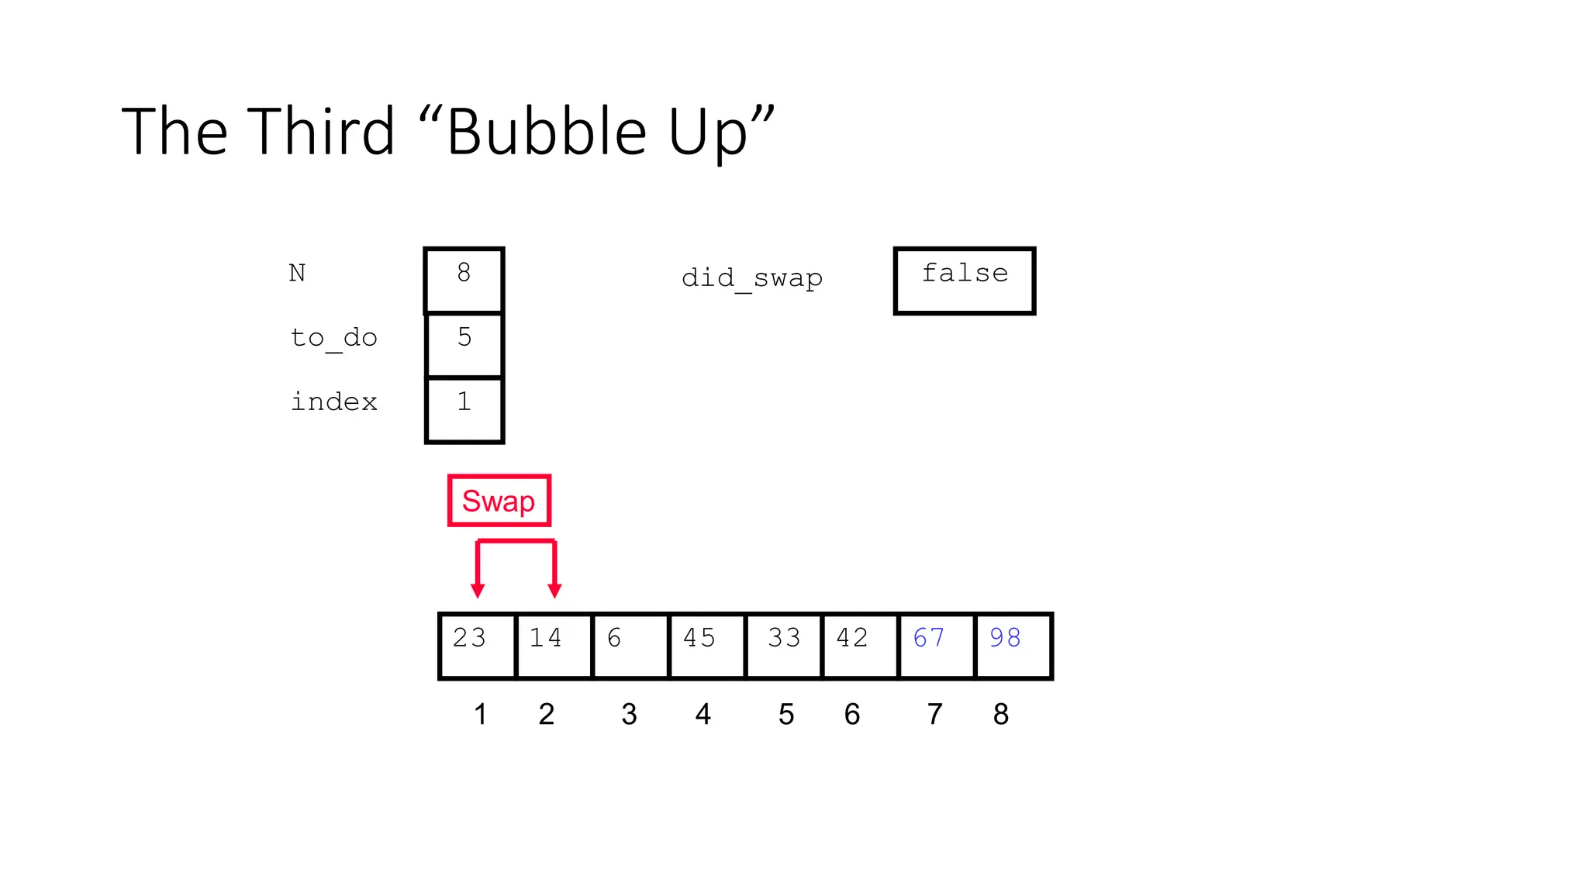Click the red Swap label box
(x=499, y=501)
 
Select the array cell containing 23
(x=477, y=646)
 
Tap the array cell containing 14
(x=554, y=646)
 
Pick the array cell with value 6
(x=630, y=646)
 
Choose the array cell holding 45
(x=706, y=646)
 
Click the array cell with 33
(x=783, y=646)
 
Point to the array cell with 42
(x=859, y=646)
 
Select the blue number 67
(x=928, y=638)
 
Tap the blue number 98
(x=1005, y=638)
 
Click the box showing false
(x=965, y=281)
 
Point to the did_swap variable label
(x=751, y=278)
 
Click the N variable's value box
(x=464, y=280)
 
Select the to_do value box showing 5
(x=464, y=345)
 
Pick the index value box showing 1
(x=464, y=409)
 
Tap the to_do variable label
(x=333, y=338)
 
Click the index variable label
(x=333, y=402)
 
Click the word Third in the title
(x=322, y=132)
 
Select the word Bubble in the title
(x=547, y=132)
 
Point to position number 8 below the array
(x=1000, y=714)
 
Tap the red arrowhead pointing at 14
(x=554, y=591)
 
